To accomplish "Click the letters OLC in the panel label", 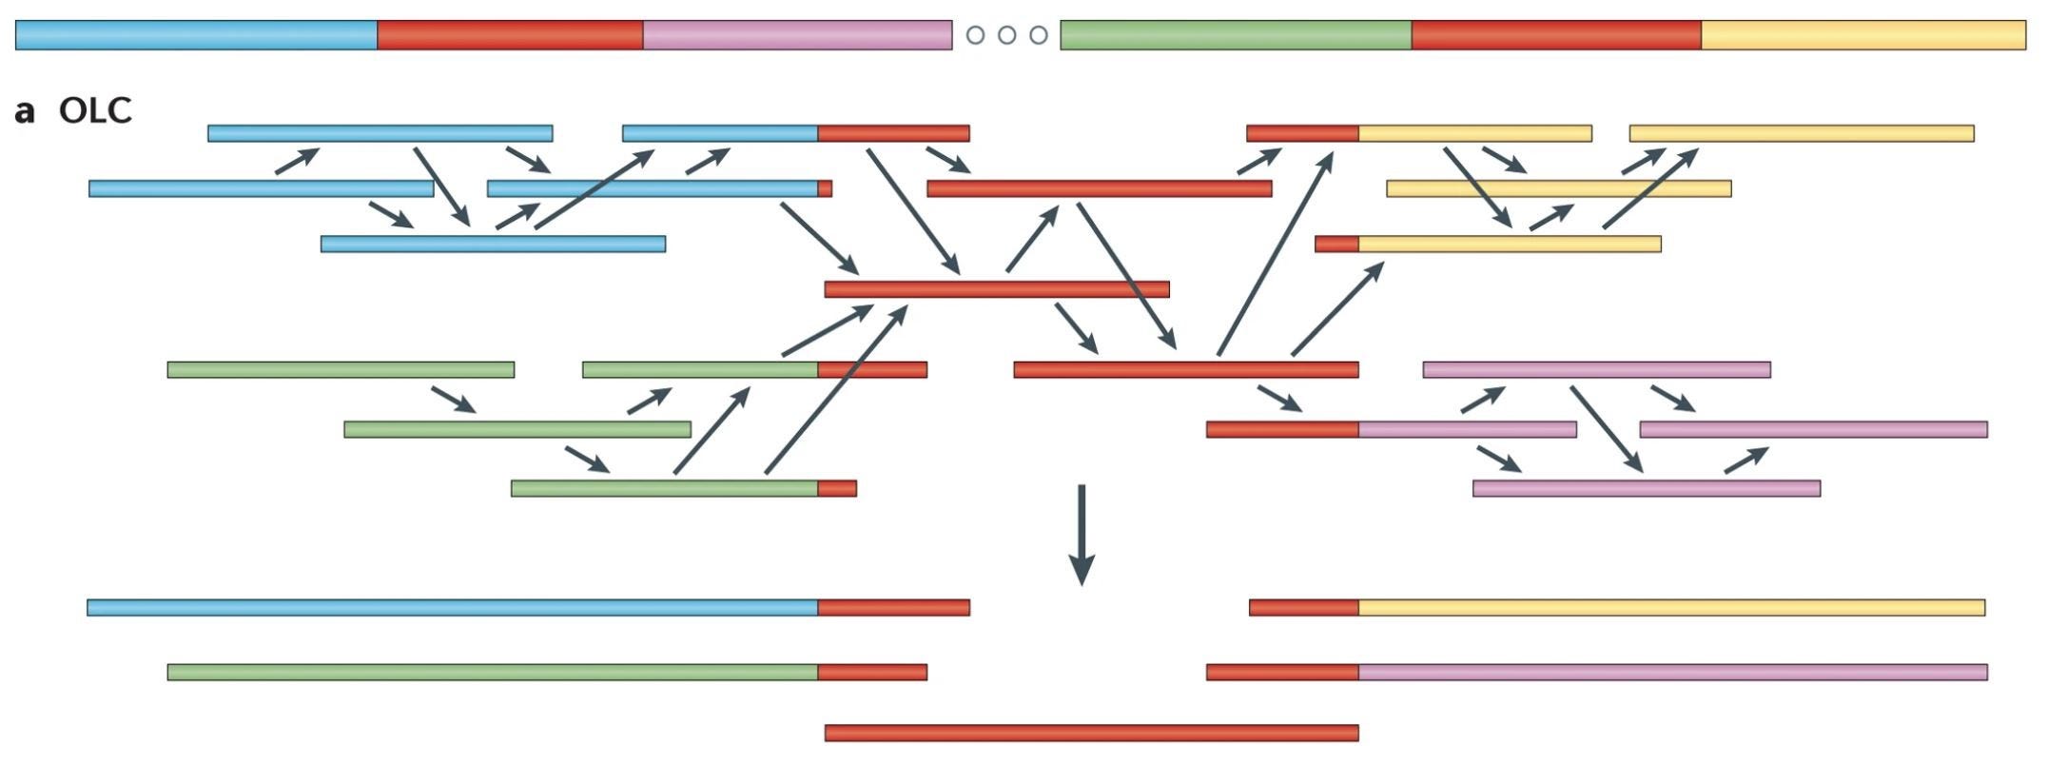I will pyautogui.click(x=95, y=110).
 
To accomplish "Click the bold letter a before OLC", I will pyautogui.click(x=25, y=111).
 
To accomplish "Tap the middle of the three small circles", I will pyautogui.click(x=1006, y=35).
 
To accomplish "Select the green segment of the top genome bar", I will pyautogui.click(x=1235, y=35).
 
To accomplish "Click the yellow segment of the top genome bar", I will pyautogui.click(x=1862, y=35).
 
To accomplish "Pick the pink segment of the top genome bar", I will pyautogui.click(x=797, y=35).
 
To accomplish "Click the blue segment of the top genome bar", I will pyautogui.click(x=196, y=35).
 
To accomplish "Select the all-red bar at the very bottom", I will pyautogui.click(x=1091, y=733).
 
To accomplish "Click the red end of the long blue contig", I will pyautogui.click(x=893, y=607).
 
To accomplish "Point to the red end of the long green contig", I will pyautogui.click(x=871, y=672).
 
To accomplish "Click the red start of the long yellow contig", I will pyautogui.click(x=1303, y=607).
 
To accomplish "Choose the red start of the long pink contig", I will pyautogui.click(x=1282, y=672).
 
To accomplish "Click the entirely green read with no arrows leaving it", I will pyautogui.click(x=341, y=369).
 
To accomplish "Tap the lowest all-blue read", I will pyautogui.click(x=493, y=244).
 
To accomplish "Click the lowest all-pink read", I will pyautogui.click(x=1646, y=488).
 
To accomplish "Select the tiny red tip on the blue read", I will pyautogui.click(x=825, y=188).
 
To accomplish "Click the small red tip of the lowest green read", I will pyautogui.click(x=837, y=488).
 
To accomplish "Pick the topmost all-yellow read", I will pyautogui.click(x=1801, y=133).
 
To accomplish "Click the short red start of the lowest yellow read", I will pyautogui.click(x=1336, y=244).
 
